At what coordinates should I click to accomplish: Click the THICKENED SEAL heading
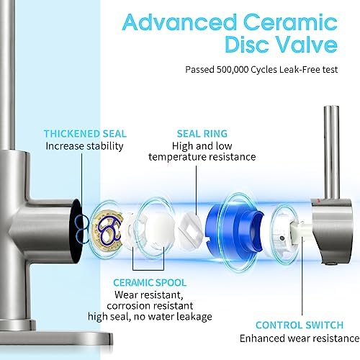pyautogui.click(x=85, y=134)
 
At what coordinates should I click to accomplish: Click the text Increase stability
pyautogui.click(x=85, y=146)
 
